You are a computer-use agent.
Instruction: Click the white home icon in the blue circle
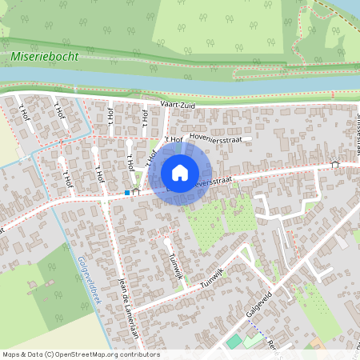(180, 173)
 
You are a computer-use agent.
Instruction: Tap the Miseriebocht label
(44, 58)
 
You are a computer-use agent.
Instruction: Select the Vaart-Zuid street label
(178, 104)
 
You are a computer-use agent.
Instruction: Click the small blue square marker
(127, 193)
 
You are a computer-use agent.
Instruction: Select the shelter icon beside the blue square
(136, 192)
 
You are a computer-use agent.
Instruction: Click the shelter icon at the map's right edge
(334, 165)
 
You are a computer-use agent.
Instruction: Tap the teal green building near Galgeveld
(233, 342)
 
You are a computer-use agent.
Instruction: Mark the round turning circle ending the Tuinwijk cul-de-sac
(166, 240)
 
